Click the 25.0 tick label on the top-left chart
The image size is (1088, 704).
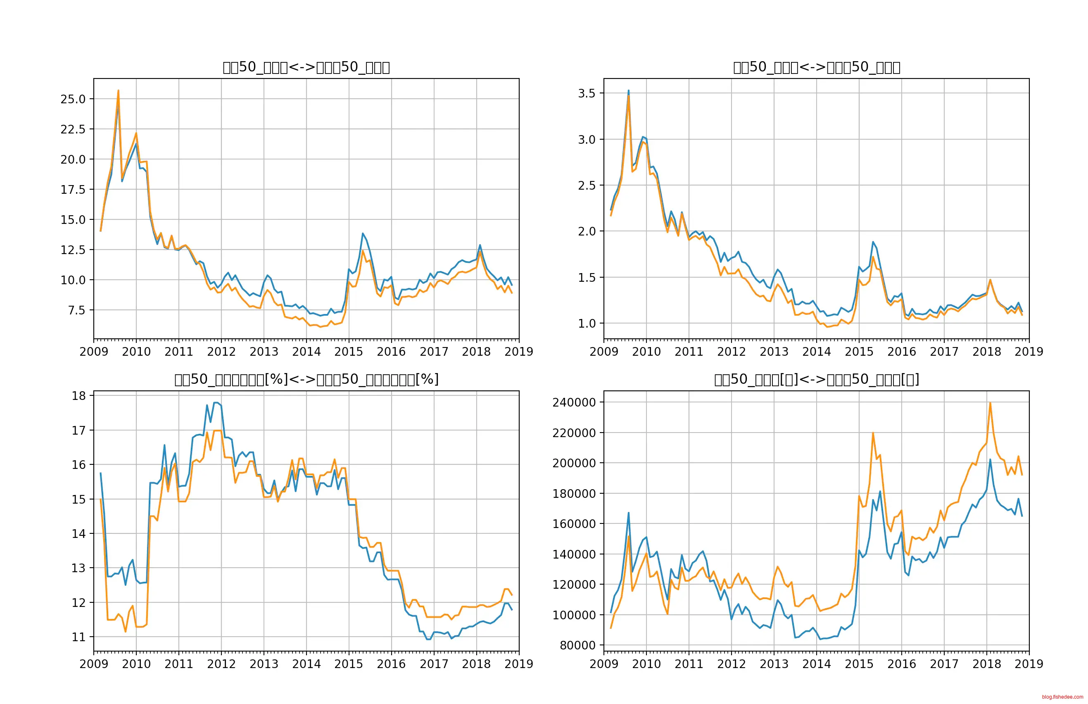pos(73,99)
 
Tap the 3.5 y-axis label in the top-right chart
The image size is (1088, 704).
pos(587,93)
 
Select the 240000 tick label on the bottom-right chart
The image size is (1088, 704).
pos(574,402)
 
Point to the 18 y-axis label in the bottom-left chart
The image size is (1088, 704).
pos(78,396)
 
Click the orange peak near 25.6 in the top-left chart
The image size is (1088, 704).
pos(119,90)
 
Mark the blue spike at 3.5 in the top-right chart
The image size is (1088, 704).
pos(628,90)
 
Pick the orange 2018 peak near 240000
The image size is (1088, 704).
pos(990,403)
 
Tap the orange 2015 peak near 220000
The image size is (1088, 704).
pos(873,433)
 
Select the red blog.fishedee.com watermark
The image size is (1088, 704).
pos(1062,697)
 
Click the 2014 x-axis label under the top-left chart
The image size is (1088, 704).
pos(306,352)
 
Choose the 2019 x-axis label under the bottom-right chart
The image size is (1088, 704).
pos(1029,664)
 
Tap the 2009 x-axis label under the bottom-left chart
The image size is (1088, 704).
pos(94,664)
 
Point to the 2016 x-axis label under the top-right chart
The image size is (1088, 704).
pos(901,352)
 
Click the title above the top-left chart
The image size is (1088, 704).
pos(306,67)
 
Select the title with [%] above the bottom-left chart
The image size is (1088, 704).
pos(306,379)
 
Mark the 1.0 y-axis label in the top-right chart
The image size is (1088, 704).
pos(587,323)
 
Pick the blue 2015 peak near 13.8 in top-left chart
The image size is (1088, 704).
pos(363,233)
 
